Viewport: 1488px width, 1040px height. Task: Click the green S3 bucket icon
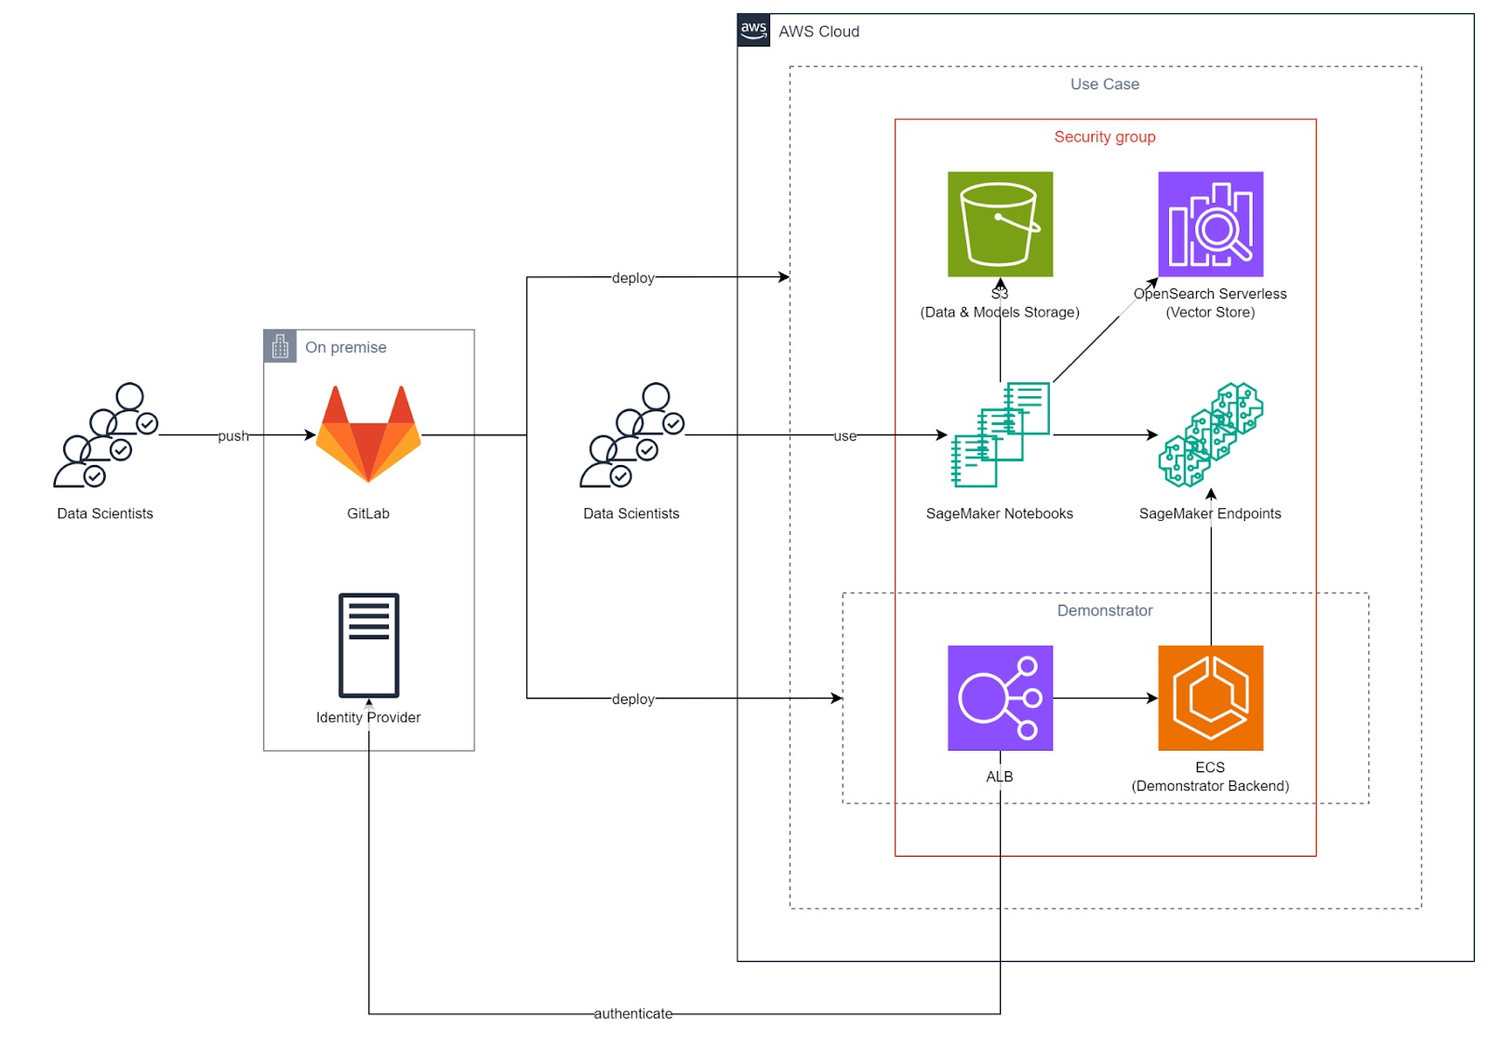click(1000, 224)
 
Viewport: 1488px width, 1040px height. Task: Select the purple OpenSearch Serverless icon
click(1210, 224)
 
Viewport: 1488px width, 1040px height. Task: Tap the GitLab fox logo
click(368, 434)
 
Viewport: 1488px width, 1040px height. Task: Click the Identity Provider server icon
click(368, 645)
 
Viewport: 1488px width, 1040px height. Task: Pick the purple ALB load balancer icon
click(1000, 698)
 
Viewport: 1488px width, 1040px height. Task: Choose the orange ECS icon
click(1210, 698)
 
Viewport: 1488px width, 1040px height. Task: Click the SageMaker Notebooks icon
click(1000, 434)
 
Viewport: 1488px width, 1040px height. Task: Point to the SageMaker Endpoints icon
click(1210, 434)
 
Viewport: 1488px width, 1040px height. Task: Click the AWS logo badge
click(753, 30)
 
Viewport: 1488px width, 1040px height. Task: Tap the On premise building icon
click(280, 346)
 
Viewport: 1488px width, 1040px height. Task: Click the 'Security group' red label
click(1105, 137)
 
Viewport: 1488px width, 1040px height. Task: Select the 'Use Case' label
click(1105, 84)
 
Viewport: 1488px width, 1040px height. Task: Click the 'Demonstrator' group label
click(1105, 610)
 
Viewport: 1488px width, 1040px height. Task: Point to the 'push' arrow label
click(233, 435)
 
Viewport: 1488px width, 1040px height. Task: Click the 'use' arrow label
click(844, 435)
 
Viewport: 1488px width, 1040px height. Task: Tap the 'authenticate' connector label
click(632, 1013)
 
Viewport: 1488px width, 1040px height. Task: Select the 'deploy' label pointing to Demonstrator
click(632, 699)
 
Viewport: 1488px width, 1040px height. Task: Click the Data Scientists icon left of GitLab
click(105, 434)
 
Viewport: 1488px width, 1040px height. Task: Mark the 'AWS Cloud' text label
click(818, 32)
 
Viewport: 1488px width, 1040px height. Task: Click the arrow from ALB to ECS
click(1105, 698)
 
